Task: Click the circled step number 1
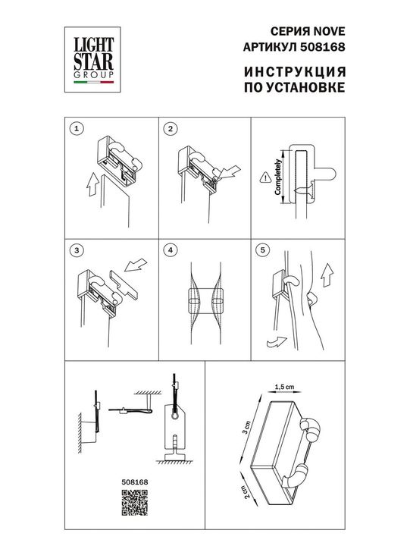75,129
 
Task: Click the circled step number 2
171,129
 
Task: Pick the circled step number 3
75,249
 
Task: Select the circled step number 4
171,249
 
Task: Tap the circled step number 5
262,249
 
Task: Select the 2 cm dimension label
246,490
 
